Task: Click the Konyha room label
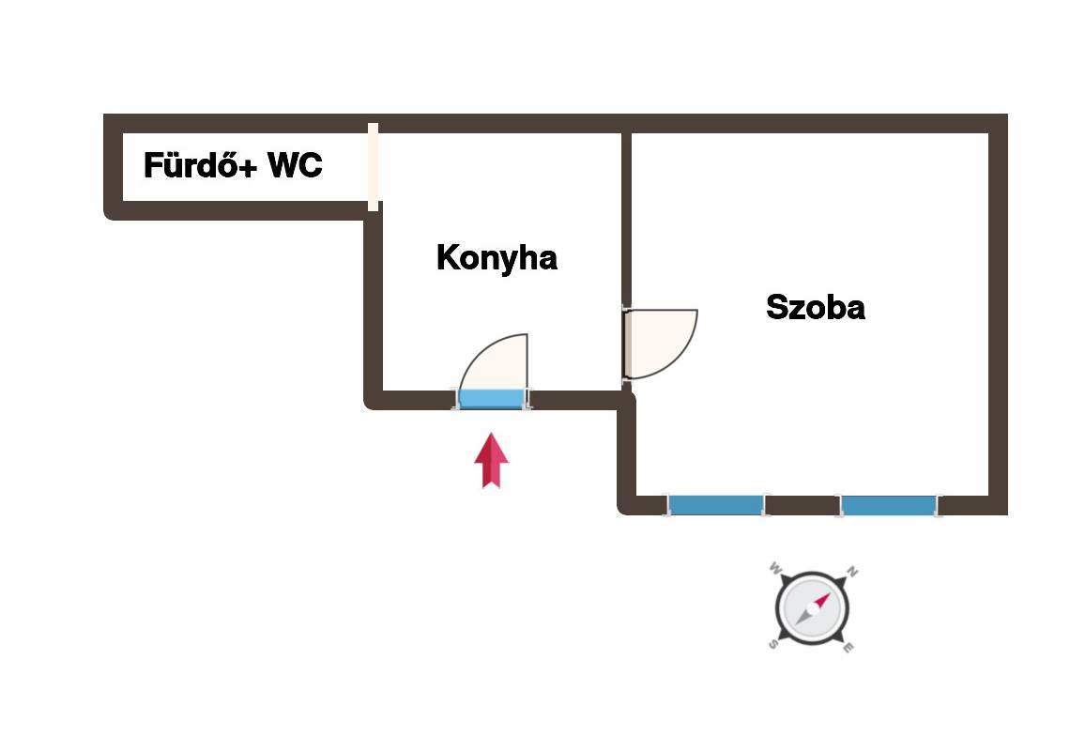pos(497,258)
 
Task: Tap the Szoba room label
pos(816,307)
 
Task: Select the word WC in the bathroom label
pos(295,165)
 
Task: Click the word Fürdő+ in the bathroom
pos(200,164)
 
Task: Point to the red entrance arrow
pos(491,461)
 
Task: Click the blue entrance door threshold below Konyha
pos(491,399)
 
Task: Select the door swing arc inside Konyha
pos(494,361)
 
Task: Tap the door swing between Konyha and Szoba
pos(661,344)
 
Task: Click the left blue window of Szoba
pos(715,505)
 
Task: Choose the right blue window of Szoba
pos(889,505)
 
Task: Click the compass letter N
pos(851,572)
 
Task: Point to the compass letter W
pos(775,567)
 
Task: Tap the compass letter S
pos(772,644)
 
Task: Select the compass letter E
pos(848,647)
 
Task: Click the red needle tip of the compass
pos(829,593)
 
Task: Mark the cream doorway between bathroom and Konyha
pos(374,167)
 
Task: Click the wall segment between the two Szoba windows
pos(802,505)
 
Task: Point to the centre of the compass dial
pos(812,607)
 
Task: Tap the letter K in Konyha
pos(448,257)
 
